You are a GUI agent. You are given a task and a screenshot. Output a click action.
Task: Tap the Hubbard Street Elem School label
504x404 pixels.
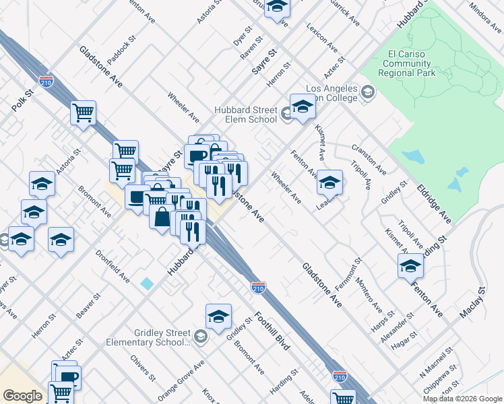pos(245,114)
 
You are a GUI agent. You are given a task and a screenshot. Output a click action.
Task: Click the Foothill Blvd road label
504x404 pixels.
pos(272,331)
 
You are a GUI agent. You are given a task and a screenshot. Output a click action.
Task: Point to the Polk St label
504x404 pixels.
pos(22,99)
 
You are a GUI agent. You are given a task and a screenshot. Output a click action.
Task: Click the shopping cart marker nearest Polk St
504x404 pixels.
pos(83,112)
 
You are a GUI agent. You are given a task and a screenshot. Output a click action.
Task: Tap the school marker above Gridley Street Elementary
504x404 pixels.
pos(218,316)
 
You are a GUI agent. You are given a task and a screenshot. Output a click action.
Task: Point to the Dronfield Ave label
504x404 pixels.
pos(113,267)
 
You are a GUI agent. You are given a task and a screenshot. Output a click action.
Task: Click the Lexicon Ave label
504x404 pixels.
pos(321,38)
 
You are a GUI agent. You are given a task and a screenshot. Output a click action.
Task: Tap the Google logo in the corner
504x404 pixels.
pos(22,396)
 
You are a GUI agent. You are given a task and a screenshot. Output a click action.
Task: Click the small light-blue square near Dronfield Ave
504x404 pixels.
pos(147,283)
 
